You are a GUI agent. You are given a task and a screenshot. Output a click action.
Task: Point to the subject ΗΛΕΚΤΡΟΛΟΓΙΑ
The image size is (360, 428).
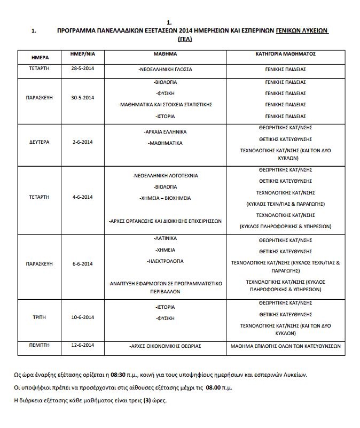tap(166, 261)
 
